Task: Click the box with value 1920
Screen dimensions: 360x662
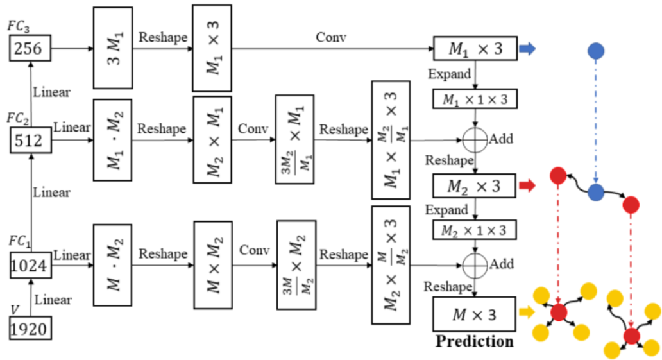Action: (x=30, y=329)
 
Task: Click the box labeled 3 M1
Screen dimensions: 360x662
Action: (x=113, y=48)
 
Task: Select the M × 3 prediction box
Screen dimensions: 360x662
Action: (x=474, y=314)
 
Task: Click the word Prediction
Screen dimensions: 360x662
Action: (x=474, y=341)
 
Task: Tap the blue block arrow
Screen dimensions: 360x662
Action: (x=526, y=49)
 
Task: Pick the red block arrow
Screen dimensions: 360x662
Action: (x=526, y=187)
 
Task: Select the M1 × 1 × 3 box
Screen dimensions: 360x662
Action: (x=474, y=99)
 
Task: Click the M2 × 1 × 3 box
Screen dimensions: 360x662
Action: (x=474, y=230)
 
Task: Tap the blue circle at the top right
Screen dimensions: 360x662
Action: (x=596, y=50)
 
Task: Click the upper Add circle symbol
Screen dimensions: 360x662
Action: (x=474, y=138)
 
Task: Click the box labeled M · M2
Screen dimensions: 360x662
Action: (x=113, y=264)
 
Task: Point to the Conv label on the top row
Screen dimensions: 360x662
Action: (x=331, y=37)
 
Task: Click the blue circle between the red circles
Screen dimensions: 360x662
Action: (x=596, y=191)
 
